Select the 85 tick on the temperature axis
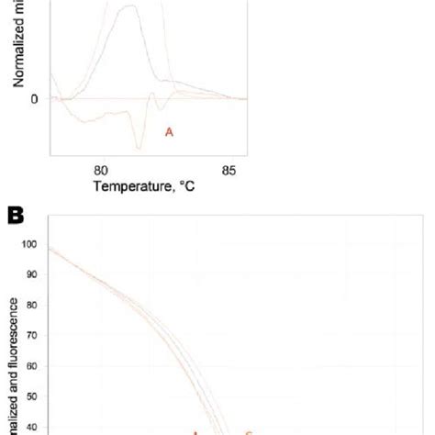(x=229, y=169)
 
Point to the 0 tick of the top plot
(x=34, y=98)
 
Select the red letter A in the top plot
(x=169, y=132)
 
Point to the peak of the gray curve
(x=129, y=6)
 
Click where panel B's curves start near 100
(x=50, y=248)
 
